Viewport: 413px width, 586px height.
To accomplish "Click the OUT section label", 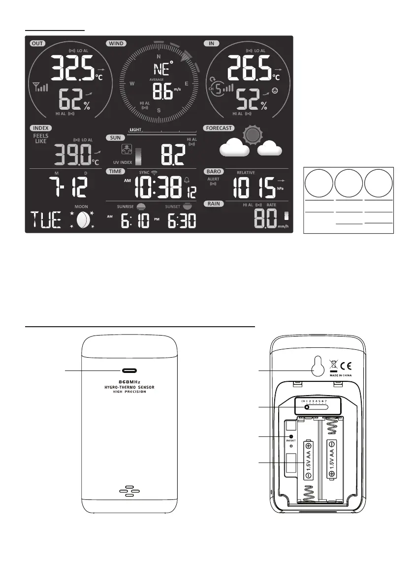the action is [x=37, y=43].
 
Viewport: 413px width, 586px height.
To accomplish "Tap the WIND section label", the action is [x=116, y=43].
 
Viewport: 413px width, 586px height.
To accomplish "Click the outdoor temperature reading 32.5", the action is [x=73, y=68].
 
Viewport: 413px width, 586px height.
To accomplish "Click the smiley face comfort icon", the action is [x=275, y=91].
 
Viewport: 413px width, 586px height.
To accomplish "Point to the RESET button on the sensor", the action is [x=291, y=436].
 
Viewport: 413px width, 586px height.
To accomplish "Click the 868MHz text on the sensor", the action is [x=130, y=382].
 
